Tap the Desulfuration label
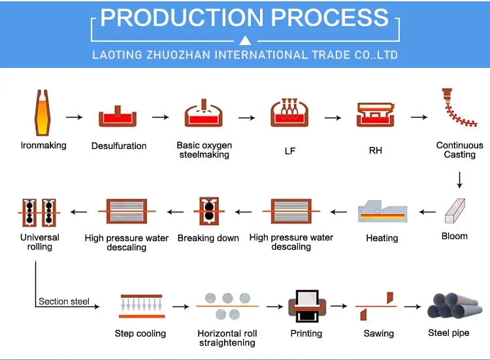tap(119, 146)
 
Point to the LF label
tap(290, 151)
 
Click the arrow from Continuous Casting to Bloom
tap(460, 179)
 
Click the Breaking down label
tap(208, 238)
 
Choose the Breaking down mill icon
tap(208, 212)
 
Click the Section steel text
tap(63, 301)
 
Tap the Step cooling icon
tap(140, 306)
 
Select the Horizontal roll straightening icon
tap(227, 306)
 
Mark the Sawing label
tap(378, 333)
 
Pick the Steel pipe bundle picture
tap(449, 306)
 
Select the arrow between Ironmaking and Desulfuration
tap(74, 117)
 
